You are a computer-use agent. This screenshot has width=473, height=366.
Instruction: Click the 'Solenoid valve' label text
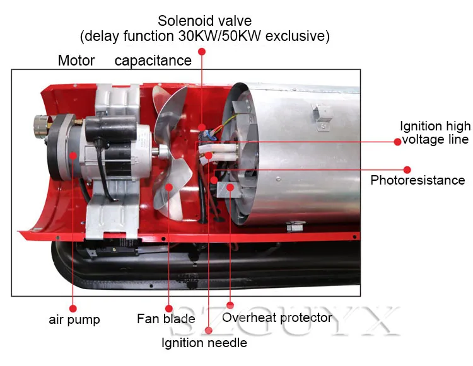(x=204, y=21)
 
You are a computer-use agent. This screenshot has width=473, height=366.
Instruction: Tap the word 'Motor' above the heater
(x=76, y=60)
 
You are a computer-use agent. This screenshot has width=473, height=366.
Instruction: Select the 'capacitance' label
(x=153, y=60)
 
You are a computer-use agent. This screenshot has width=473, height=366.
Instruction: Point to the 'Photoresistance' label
(x=418, y=180)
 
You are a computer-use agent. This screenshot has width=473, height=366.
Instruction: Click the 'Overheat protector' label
(x=277, y=317)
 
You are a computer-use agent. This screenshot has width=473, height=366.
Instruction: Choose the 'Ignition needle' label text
(x=204, y=343)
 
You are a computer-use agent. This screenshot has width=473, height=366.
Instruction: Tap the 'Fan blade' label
(x=166, y=319)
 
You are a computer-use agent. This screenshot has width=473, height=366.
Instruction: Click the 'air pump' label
(x=74, y=320)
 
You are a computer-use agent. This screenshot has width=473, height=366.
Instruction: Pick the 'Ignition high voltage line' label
(x=435, y=132)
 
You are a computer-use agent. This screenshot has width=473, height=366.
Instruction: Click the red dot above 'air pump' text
(x=73, y=309)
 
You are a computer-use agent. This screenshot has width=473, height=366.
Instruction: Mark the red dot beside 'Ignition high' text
(x=397, y=142)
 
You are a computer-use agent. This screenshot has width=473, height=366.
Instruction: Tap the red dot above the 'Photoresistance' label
(x=407, y=170)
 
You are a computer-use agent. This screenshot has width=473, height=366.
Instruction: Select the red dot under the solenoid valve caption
(x=202, y=52)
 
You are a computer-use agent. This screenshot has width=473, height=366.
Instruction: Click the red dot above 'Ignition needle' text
(x=209, y=331)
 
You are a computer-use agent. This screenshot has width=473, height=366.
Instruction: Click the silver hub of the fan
(x=163, y=152)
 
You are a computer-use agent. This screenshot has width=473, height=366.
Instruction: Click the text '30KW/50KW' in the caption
(x=219, y=36)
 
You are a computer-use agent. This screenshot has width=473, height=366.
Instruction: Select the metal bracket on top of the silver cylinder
(x=321, y=117)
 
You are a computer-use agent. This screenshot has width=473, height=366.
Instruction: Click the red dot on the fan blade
(x=169, y=187)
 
